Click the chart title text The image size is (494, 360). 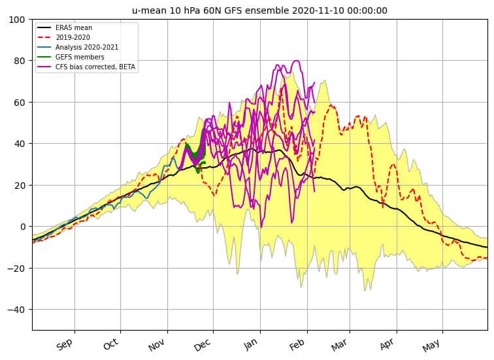click(x=259, y=10)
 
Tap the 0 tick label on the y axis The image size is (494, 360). click(x=23, y=227)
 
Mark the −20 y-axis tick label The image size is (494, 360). click(x=18, y=268)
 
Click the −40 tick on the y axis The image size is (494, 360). click(x=18, y=310)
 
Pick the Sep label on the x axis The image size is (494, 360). click(x=64, y=344)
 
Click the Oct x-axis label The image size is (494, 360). click(x=110, y=344)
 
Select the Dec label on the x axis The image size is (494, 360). click(x=203, y=344)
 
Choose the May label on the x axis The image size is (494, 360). click(x=433, y=344)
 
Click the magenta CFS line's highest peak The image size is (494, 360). click(x=296, y=61)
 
